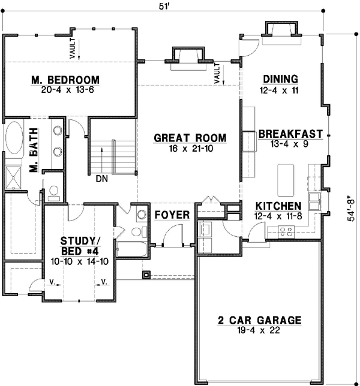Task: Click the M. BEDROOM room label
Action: [66, 80]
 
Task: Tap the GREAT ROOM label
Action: [190, 138]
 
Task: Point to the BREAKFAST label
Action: [290, 134]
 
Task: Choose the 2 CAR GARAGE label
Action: [259, 320]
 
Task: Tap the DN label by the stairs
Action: [101, 178]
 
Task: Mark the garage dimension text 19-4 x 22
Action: [259, 330]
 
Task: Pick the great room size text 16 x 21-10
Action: [190, 148]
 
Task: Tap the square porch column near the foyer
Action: [146, 276]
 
